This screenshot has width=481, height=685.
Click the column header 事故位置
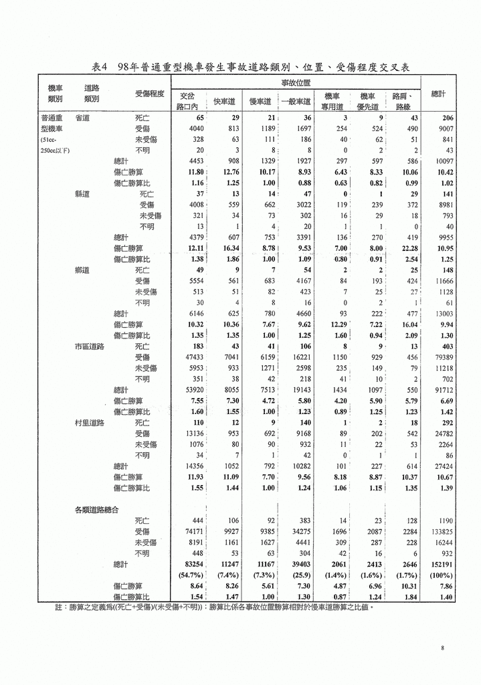pyautogui.click(x=295, y=82)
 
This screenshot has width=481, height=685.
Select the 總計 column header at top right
pyautogui.click(x=439, y=94)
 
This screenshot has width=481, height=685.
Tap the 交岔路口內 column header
pyautogui.click(x=188, y=101)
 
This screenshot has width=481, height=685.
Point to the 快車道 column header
pyautogui.click(x=224, y=102)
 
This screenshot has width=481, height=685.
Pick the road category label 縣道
pyautogui.click(x=83, y=193)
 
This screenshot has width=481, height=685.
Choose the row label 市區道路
pyautogui.click(x=90, y=347)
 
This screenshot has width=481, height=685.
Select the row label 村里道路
pyautogui.click(x=90, y=423)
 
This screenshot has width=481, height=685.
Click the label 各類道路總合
pyautogui.click(x=96, y=510)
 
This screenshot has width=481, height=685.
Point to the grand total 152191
pyautogui.click(x=441, y=564)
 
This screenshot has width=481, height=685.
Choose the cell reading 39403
pyautogui.click(x=299, y=564)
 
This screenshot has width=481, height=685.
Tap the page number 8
pyautogui.click(x=443, y=647)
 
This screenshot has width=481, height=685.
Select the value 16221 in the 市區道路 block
pyautogui.click(x=299, y=357)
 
